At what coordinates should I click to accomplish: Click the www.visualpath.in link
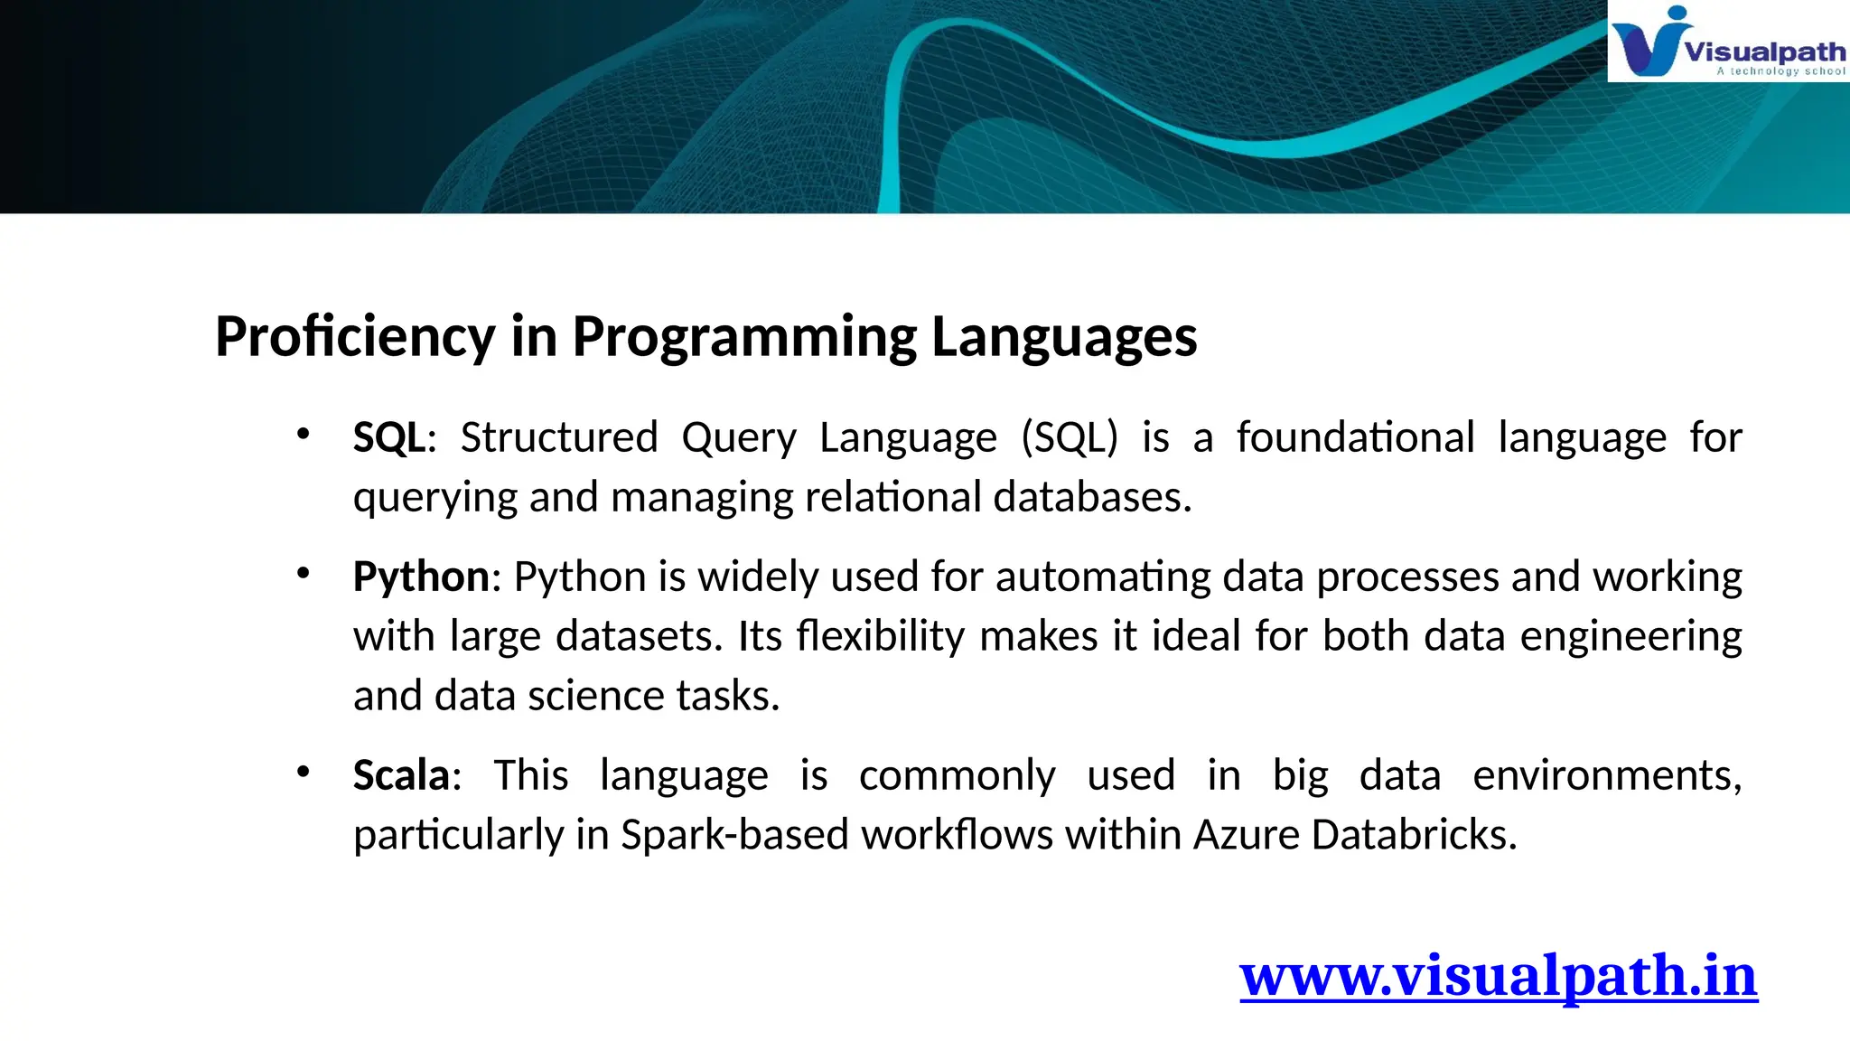pos(1498,976)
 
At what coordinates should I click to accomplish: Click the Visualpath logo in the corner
pos(1727,42)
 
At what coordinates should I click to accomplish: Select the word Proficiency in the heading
pos(355,337)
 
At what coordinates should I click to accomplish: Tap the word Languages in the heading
pos(1063,337)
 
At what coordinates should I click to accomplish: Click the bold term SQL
pos(388,438)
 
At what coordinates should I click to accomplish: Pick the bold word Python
pos(421,577)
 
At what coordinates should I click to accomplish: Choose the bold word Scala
pos(401,776)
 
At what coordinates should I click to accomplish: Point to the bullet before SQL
pos(303,435)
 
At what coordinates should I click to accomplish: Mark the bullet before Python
pos(303,573)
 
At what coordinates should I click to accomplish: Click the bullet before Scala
pos(303,772)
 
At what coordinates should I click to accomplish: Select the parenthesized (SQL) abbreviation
pos(1070,438)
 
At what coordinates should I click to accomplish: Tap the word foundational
pos(1355,438)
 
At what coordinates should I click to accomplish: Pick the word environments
pos(1606,776)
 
